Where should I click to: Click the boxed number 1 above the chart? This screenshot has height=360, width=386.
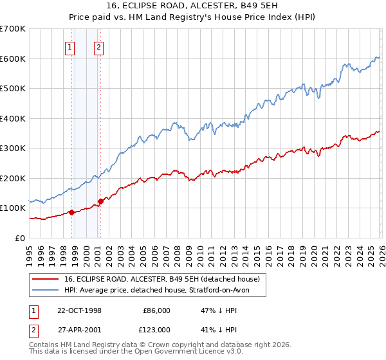point(69,46)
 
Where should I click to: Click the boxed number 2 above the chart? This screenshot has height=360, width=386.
point(98,46)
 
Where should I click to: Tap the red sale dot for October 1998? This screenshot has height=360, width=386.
point(72,212)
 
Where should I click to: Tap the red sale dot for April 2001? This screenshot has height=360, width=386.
point(100,201)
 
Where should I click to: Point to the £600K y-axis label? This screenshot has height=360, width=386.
point(13,59)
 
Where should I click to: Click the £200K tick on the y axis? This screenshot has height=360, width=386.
point(13,178)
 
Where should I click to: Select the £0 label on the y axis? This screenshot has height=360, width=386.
point(21,238)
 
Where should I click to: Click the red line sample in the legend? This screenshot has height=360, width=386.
point(46,279)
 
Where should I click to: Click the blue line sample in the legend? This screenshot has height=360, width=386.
point(46,290)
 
